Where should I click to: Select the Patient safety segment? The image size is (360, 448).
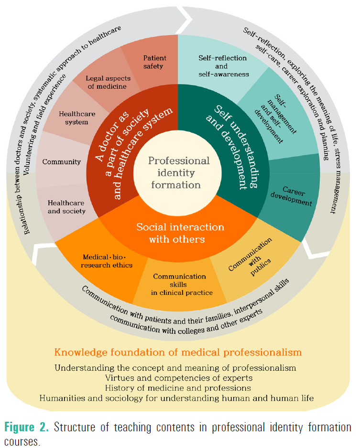coord(153,63)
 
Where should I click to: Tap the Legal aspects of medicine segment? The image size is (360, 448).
coord(106,82)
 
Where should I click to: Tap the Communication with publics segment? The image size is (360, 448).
coord(256,257)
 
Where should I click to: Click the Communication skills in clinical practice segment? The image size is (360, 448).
coord(179,284)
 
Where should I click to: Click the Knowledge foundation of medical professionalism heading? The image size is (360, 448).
coord(178,352)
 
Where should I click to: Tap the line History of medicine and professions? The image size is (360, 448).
coord(178,387)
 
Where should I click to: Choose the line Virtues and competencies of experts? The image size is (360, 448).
coord(178,377)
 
